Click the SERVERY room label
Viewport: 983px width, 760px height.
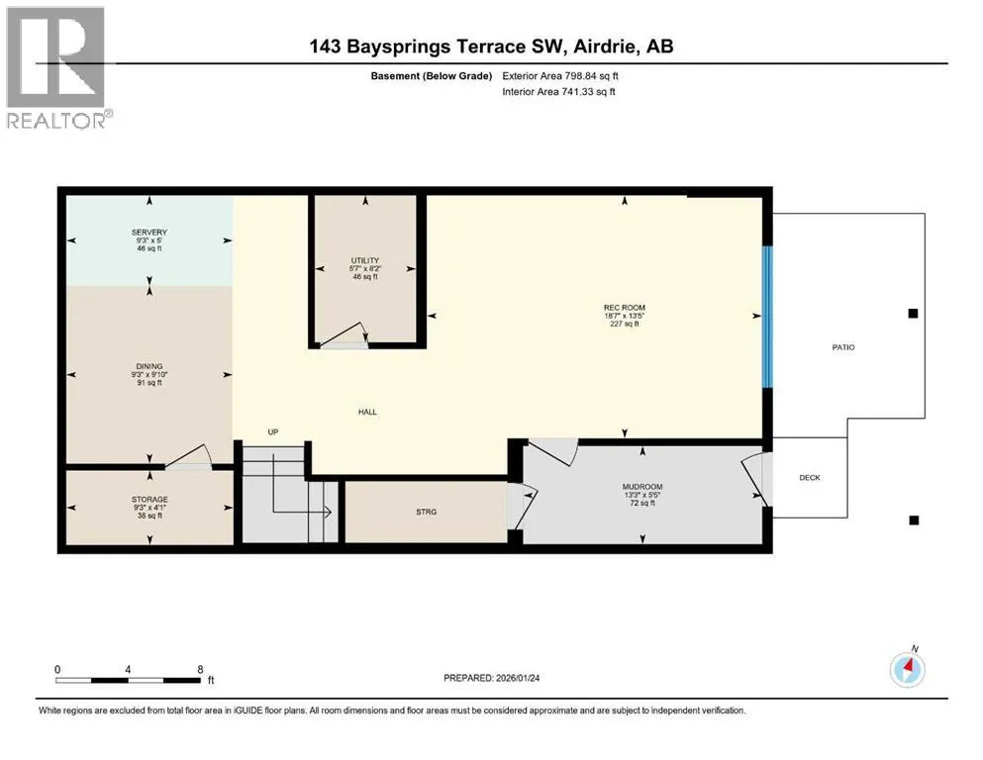pyautogui.click(x=149, y=233)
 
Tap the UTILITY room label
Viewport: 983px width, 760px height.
pyautogui.click(x=365, y=260)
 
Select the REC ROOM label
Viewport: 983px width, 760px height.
pyautogui.click(x=625, y=308)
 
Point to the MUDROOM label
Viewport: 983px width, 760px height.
pyautogui.click(x=642, y=487)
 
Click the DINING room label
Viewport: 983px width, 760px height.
pyautogui.click(x=149, y=366)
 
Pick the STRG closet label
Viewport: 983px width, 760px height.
pyautogui.click(x=427, y=512)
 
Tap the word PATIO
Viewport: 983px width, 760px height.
pyautogui.click(x=843, y=347)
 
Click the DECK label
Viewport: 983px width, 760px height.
pyautogui.click(x=810, y=477)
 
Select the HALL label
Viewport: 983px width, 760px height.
pyautogui.click(x=367, y=412)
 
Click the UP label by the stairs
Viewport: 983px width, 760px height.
pyautogui.click(x=272, y=431)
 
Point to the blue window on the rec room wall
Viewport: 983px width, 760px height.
pyautogui.click(x=767, y=317)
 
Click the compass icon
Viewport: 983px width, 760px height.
pyautogui.click(x=907, y=670)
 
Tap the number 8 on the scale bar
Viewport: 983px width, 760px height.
pyautogui.click(x=201, y=669)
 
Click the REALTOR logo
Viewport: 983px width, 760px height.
pyautogui.click(x=58, y=67)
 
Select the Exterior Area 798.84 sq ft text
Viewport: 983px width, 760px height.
pyautogui.click(x=560, y=76)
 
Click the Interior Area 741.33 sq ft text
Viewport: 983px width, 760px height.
pyautogui.click(x=558, y=91)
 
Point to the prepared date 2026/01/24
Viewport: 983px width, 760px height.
pyautogui.click(x=518, y=678)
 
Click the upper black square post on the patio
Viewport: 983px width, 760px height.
pyautogui.click(x=914, y=314)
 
